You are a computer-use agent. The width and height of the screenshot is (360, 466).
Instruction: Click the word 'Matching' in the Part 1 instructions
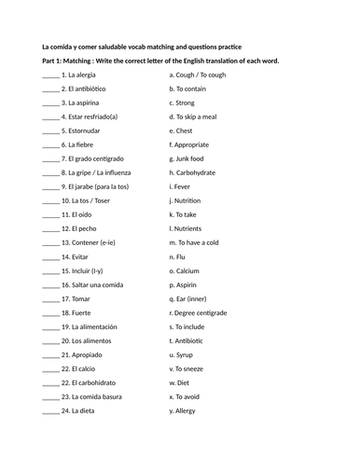87,61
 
